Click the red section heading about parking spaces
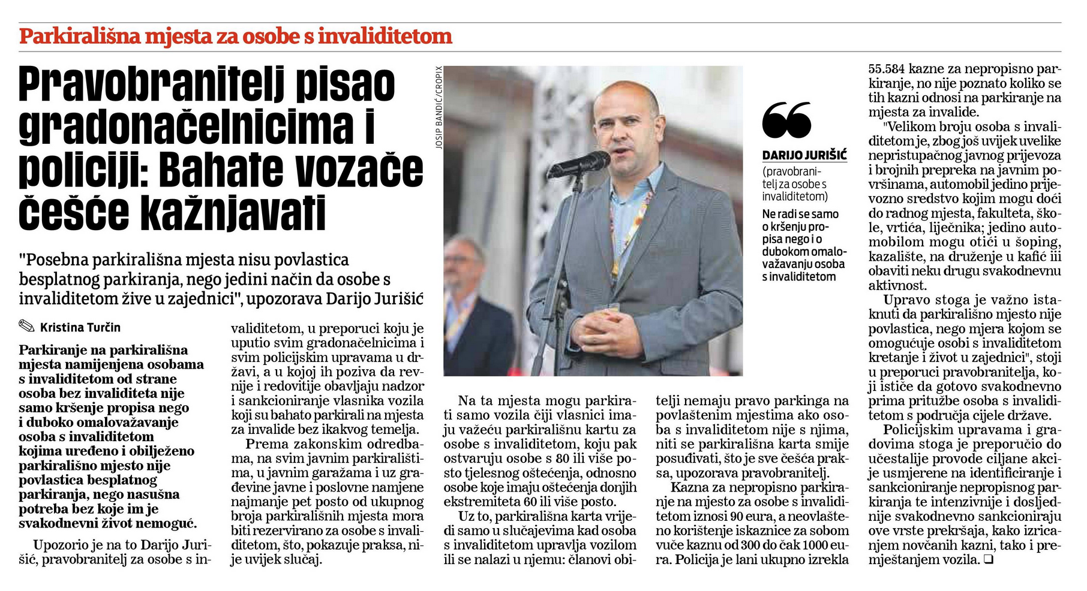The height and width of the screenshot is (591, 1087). pyautogui.click(x=235, y=37)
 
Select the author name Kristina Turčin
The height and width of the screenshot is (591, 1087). pyautogui.click(x=80, y=328)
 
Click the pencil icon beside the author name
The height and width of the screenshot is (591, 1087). pyautogui.click(x=27, y=327)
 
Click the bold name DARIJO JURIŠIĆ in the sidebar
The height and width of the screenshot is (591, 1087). pyautogui.click(x=804, y=156)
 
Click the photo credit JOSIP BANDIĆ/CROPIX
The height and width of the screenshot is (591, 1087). pyautogui.click(x=439, y=107)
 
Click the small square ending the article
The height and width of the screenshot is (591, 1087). pyautogui.click(x=989, y=560)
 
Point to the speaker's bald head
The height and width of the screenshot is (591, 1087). pyautogui.click(x=624, y=96)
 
